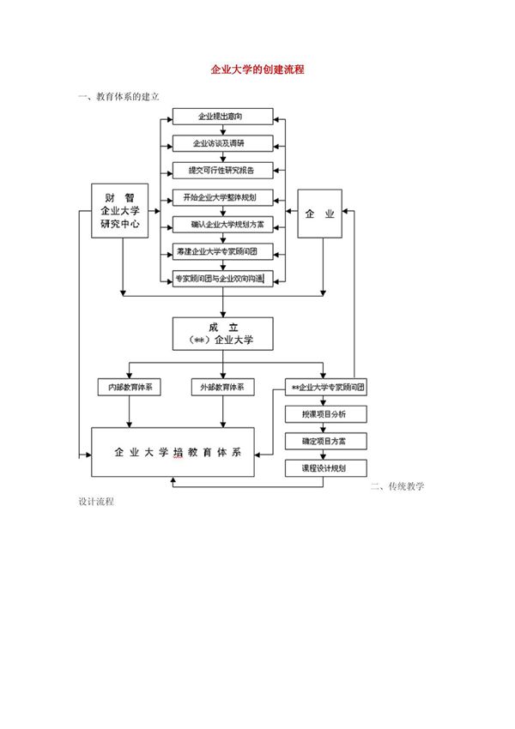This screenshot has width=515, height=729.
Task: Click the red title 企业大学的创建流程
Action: (x=257, y=70)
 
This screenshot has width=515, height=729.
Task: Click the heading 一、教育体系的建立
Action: (x=118, y=98)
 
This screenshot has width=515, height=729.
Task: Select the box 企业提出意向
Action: (x=222, y=116)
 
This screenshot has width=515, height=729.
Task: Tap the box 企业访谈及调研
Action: (x=222, y=143)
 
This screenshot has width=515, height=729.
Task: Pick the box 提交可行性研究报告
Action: (x=222, y=170)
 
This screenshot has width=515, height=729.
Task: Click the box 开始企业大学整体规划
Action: (x=222, y=198)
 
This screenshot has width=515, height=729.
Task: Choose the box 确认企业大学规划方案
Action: (x=222, y=225)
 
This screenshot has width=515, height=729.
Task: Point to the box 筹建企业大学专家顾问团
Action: (x=222, y=251)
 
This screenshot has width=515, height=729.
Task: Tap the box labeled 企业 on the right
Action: (x=319, y=214)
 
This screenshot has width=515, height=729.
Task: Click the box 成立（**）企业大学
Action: (x=222, y=334)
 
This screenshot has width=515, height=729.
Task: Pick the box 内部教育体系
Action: (x=130, y=388)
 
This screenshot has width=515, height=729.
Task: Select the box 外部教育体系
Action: (x=222, y=388)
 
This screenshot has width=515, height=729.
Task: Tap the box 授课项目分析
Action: (x=326, y=414)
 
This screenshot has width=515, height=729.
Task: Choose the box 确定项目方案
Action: (x=326, y=441)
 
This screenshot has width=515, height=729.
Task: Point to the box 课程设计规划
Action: (x=326, y=468)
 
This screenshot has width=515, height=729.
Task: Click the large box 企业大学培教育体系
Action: (x=185, y=451)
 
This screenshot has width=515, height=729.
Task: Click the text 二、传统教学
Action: (x=397, y=486)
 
